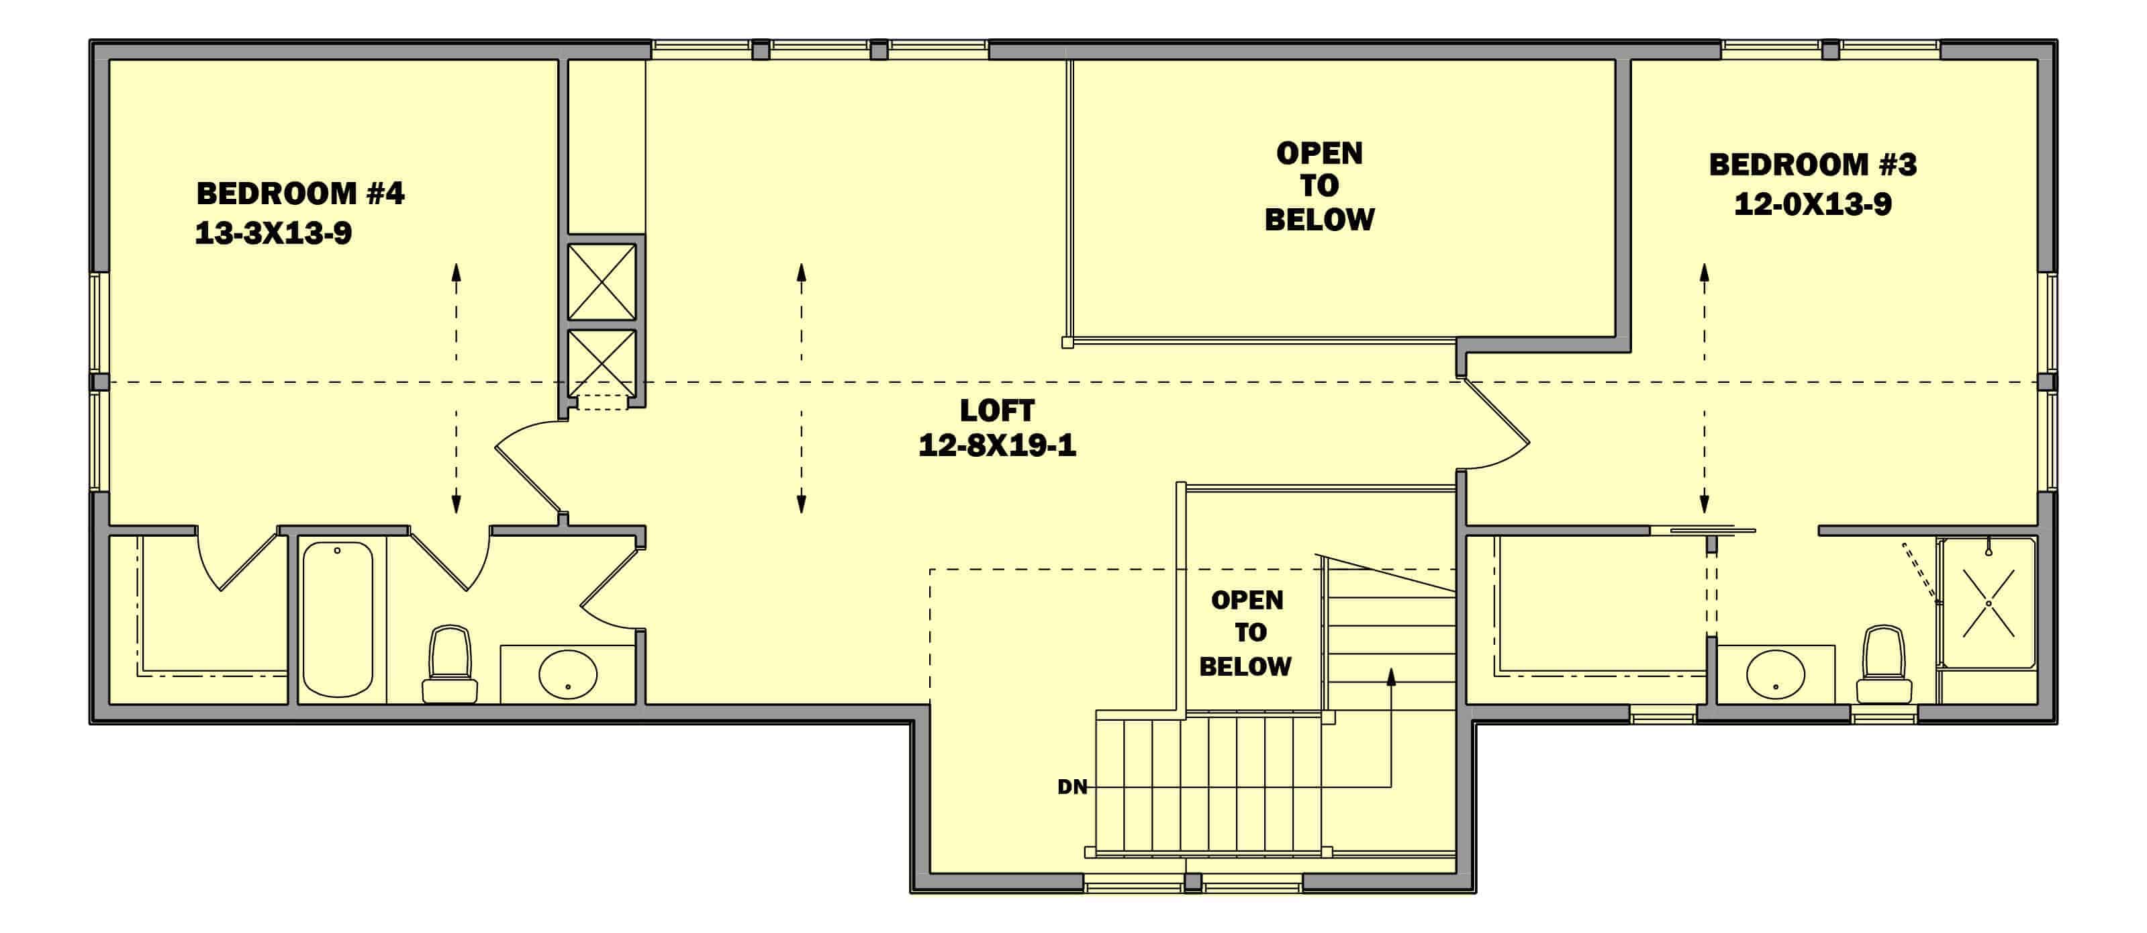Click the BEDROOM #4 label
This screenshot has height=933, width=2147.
click(300, 193)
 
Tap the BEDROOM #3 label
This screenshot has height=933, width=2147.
click(1813, 165)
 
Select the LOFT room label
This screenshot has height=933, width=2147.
click(997, 410)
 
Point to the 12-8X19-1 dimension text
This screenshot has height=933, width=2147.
click(997, 445)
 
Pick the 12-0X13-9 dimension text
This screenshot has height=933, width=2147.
click(1813, 204)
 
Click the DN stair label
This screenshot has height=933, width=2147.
click(1072, 787)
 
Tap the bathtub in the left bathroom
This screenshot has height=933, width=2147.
click(338, 619)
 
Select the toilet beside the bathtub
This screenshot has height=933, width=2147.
click(450, 664)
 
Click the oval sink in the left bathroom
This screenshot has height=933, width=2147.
click(567, 674)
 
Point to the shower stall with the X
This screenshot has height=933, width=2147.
click(1988, 603)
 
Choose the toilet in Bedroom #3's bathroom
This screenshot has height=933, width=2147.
click(1884, 664)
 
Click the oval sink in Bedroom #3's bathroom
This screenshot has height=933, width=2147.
click(1775, 674)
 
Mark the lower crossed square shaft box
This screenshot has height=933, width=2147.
click(602, 363)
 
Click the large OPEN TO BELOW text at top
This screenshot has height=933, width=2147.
click(1319, 186)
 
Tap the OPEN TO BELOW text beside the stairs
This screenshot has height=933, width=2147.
click(1246, 633)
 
